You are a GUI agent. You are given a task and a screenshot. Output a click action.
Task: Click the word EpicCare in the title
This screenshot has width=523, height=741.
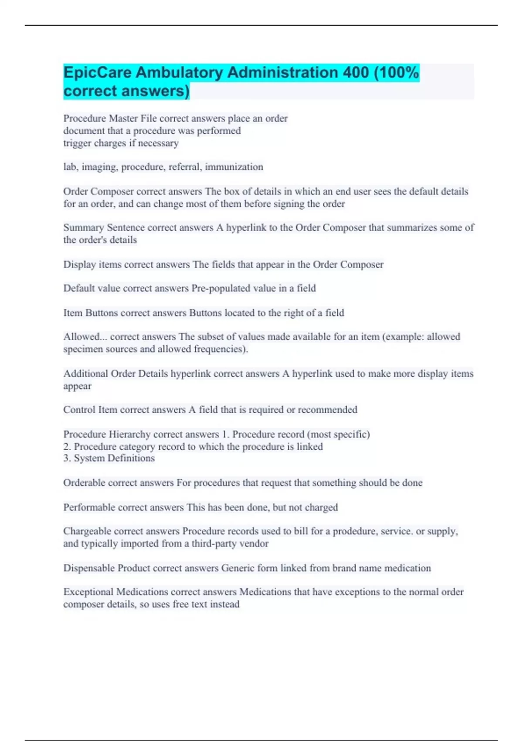tap(98, 72)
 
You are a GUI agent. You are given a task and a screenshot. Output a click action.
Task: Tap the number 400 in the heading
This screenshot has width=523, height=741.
tap(356, 72)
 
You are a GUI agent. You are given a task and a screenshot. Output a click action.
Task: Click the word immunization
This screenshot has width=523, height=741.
tap(234, 167)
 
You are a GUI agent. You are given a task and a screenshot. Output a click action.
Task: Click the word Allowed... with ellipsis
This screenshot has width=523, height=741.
tap(85, 337)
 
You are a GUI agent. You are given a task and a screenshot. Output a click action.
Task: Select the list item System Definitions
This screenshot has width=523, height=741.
tap(114, 458)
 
